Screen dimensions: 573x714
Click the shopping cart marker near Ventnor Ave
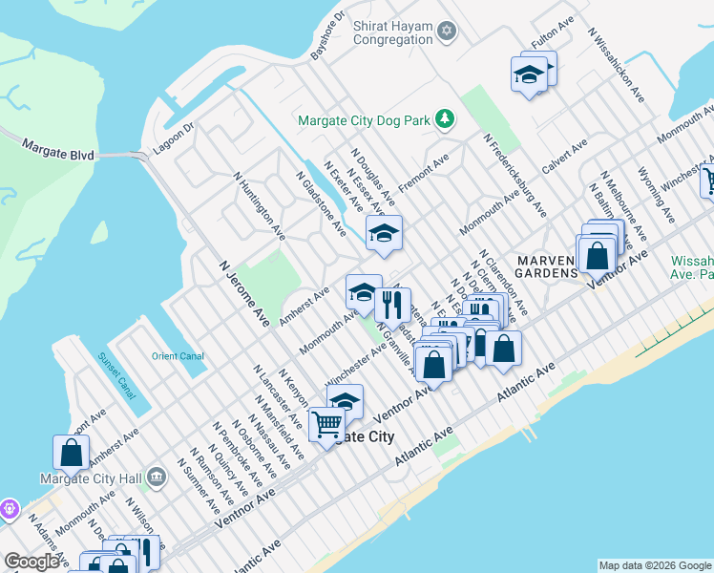click(x=326, y=425)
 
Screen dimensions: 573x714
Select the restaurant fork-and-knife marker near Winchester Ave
click(x=391, y=306)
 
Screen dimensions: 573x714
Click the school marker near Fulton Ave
click(x=528, y=74)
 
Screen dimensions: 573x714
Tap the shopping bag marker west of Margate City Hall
click(x=71, y=453)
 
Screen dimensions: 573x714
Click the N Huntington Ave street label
click(x=260, y=204)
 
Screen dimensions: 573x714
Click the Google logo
click(x=31, y=562)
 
